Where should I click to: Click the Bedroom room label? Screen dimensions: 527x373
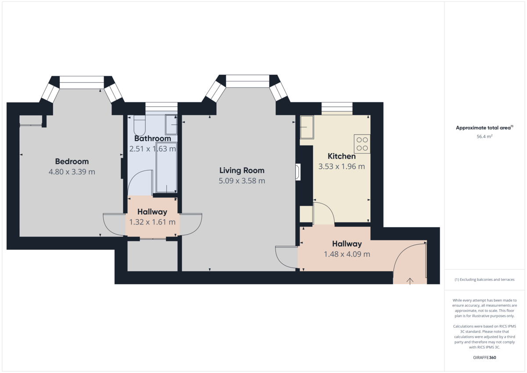pyautogui.click(x=72, y=161)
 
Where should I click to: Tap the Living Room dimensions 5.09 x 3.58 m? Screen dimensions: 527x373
pyautogui.click(x=242, y=181)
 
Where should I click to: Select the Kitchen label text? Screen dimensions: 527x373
pyautogui.click(x=342, y=156)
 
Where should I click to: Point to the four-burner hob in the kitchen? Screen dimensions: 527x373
pyautogui.click(x=362, y=144)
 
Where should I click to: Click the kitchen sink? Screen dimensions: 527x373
pyautogui.click(x=307, y=127)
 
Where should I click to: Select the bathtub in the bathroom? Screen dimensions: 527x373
pyautogui.click(x=166, y=167)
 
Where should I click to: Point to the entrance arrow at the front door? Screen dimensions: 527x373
pyautogui.click(x=410, y=281)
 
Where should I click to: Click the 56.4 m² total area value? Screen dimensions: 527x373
pyautogui.click(x=484, y=137)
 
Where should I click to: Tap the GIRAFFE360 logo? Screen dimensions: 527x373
pyautogui.click(x=484, y=358)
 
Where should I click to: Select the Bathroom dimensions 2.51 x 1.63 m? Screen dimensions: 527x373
pyautogui.click(x=152, y=149)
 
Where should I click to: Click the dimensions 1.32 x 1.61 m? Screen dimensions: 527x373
pyautogui.click(x=152, y=222)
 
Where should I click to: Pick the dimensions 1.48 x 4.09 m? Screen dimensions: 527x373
pyautogui.click(x=347, y=254)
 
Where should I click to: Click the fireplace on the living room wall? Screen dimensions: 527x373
pyautogui.click(x=298, y=172)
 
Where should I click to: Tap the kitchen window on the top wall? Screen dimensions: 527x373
pyautogui.click(x=337, y=109)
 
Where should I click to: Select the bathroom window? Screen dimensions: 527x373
pyautogui.click(x=161, y=109)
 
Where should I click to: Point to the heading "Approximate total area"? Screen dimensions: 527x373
pyautogui.click(x=483, y=128)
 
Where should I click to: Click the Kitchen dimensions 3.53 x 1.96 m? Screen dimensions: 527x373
pyautogui.click(x=342, y=167)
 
